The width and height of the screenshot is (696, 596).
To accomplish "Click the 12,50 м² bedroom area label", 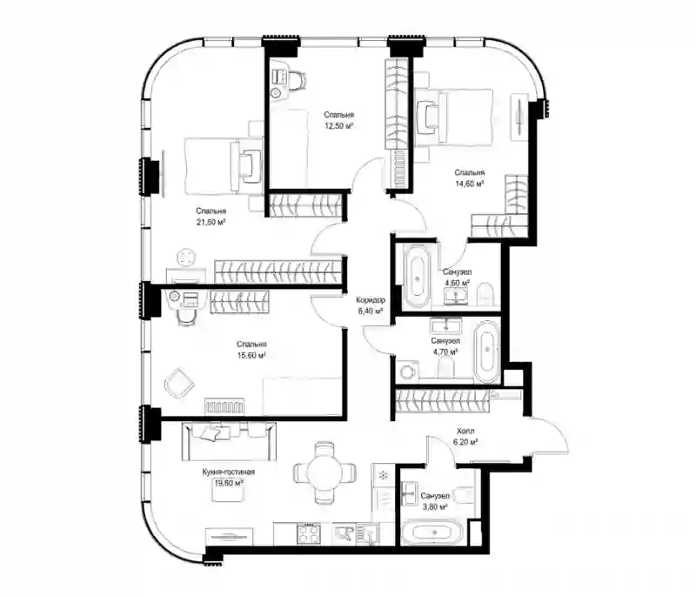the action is [x=339, y=126].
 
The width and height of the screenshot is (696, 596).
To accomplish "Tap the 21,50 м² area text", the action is [x=211, y=222].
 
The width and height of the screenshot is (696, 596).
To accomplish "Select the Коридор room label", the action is [x=371, y=300].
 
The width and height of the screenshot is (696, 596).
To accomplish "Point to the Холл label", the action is [x=465, y=431].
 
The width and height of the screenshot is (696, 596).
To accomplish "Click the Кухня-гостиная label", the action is [x=229, y=472].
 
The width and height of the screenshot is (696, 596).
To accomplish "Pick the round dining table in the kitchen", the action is [x=325, y=472].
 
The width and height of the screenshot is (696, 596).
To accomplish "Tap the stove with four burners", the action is [x=309, y=532].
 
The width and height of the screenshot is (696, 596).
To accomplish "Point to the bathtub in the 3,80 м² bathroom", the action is [x=432, y=532].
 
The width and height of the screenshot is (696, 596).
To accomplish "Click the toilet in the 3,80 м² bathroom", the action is [x=465, y=495].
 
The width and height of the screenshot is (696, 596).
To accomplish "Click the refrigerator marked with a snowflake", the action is [x=383, y=476].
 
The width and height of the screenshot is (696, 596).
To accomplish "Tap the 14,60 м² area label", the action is [x=469, y=184].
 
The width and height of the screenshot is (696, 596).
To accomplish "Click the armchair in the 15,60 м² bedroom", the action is [x=179, y=382].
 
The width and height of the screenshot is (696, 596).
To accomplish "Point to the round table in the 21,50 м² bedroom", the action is [x=186, y=258].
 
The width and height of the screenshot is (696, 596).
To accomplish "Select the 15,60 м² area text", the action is [x=251, y=356].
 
